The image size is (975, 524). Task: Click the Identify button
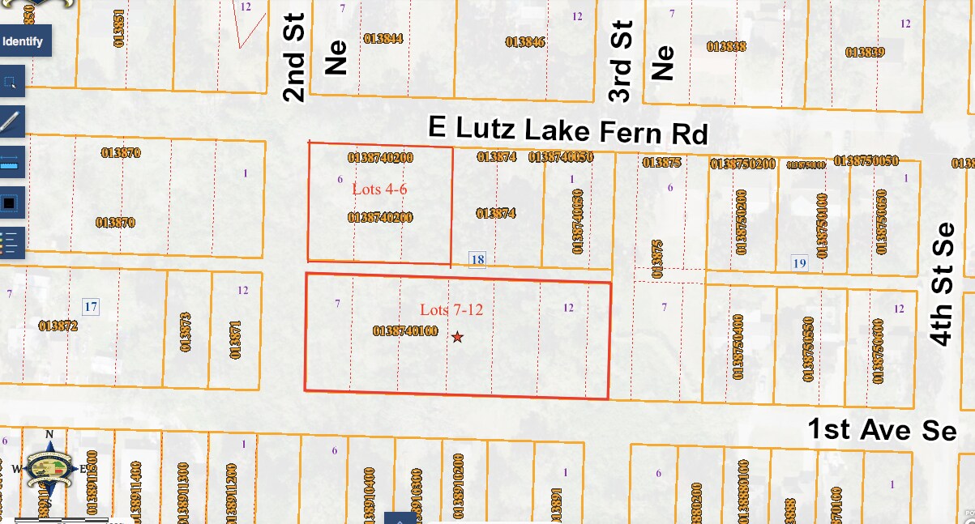[x=24, y=40]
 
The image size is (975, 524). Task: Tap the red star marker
[x=458, y=337]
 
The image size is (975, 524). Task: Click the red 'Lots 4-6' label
[x=379, y=189]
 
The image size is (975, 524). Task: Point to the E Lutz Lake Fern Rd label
[x=568, y=130]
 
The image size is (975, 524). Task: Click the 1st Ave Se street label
[x=882, y=429]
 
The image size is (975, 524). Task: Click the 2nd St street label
[x=294, y=57]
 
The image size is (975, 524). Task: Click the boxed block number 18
[x=478, y=260]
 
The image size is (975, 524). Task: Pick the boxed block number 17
[x=91, y=306]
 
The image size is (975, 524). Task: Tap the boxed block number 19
[x=800, y=262]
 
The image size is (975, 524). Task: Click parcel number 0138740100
[x=405, y=331]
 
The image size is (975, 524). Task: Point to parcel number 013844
[x=383, y=38]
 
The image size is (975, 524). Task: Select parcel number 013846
[x=525, y=41]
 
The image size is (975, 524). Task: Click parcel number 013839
[x=865, y=52]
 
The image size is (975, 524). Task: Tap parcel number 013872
[x=58, y=326]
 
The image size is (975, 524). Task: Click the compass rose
[x=49, y=471]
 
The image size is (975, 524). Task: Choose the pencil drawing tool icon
[x=11, y=121]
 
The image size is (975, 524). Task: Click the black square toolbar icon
[x=11, y=202]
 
